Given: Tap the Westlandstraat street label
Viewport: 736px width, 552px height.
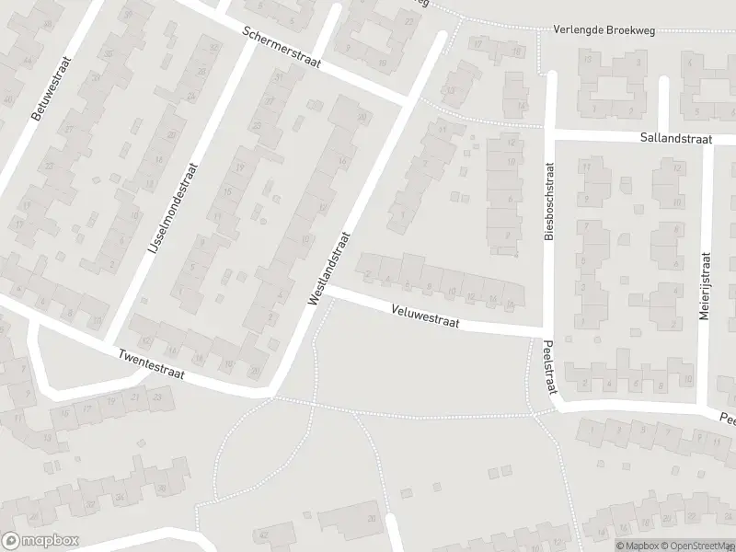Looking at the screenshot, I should pos(330,269).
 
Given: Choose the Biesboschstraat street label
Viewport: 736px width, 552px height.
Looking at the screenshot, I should pos(550,202).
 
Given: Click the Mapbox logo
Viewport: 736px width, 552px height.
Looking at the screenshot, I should pos(40,541).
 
